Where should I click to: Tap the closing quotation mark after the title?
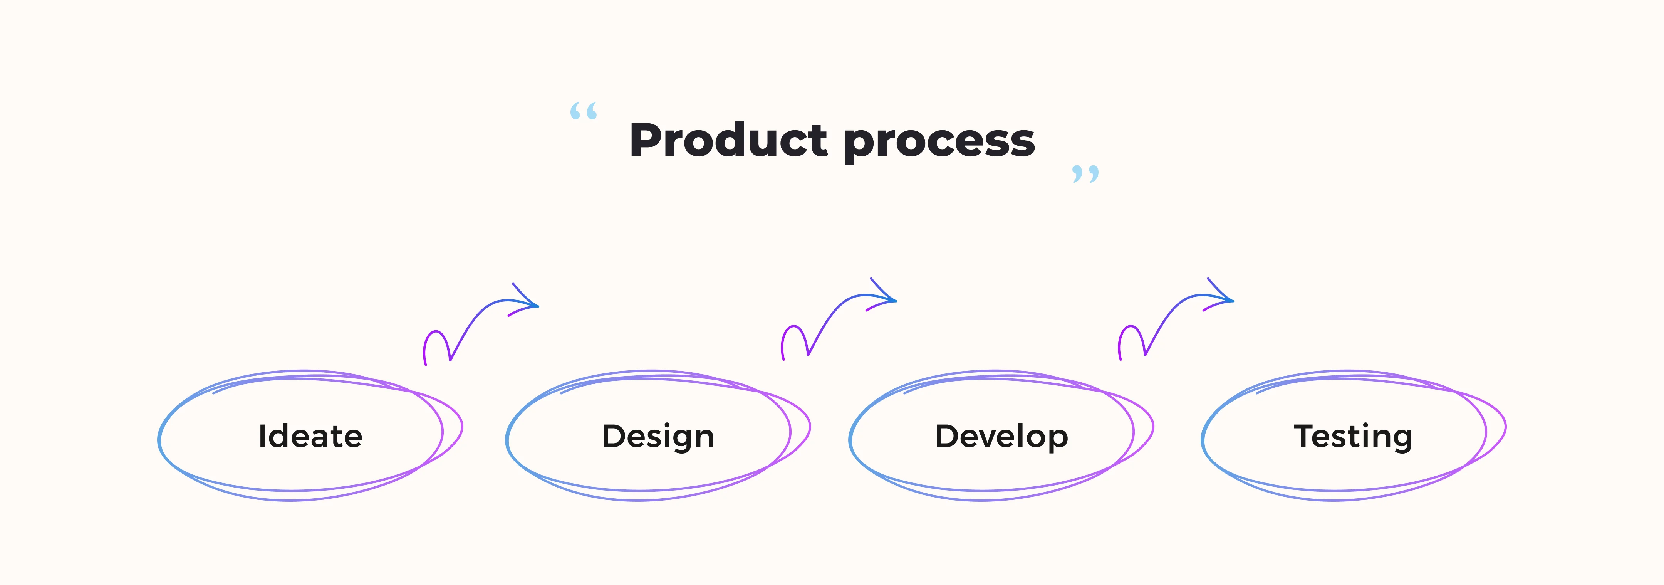(1085, 173)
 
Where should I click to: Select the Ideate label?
(310, 436)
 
